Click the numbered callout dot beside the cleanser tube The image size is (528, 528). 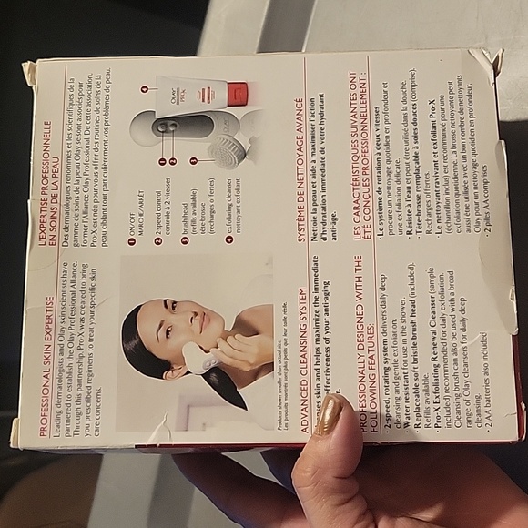pos(143,89)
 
